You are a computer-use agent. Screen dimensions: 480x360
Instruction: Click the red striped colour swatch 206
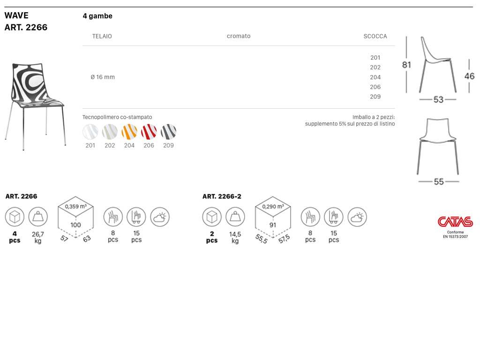149,132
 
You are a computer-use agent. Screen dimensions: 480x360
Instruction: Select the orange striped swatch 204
129,132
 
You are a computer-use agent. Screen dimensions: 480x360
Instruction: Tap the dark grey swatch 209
168,132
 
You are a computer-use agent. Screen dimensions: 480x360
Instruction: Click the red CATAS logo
455,222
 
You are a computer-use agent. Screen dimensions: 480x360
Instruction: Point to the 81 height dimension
406,65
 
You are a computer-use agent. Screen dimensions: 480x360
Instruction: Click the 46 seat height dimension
469,76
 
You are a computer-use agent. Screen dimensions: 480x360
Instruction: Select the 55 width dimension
439,181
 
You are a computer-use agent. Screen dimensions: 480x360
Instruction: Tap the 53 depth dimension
438,99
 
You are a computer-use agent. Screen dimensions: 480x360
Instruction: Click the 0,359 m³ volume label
75,207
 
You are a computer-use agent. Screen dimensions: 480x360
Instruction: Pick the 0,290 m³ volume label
273,207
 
